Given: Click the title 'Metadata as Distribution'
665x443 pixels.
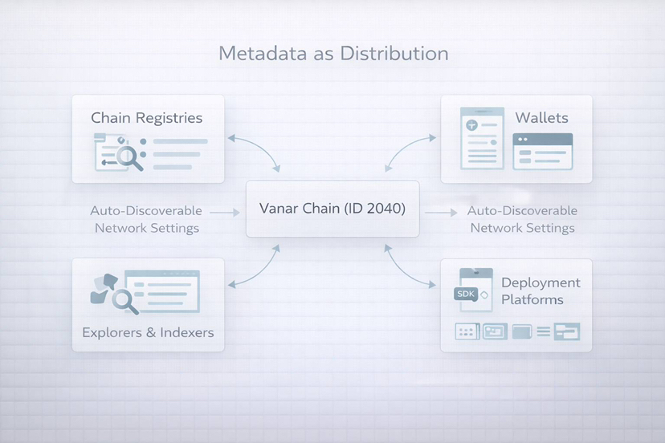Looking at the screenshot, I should point(333,54).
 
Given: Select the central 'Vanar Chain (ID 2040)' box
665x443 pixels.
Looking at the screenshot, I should point(332,209).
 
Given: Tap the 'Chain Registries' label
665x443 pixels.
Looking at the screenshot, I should point(146,118).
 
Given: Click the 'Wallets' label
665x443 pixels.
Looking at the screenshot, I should point(542,117).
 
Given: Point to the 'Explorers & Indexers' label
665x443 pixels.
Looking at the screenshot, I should point(148,331).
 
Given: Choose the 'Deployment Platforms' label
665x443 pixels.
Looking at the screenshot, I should point(541,291).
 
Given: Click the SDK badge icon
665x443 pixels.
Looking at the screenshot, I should point(466,295).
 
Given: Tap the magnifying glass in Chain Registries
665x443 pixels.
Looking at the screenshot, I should point(129,156).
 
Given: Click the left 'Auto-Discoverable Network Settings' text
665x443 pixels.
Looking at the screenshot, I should point(146,219).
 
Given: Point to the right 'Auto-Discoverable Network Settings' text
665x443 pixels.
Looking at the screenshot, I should point(522,219).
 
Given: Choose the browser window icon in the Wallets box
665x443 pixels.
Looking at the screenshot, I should point(543,151).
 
